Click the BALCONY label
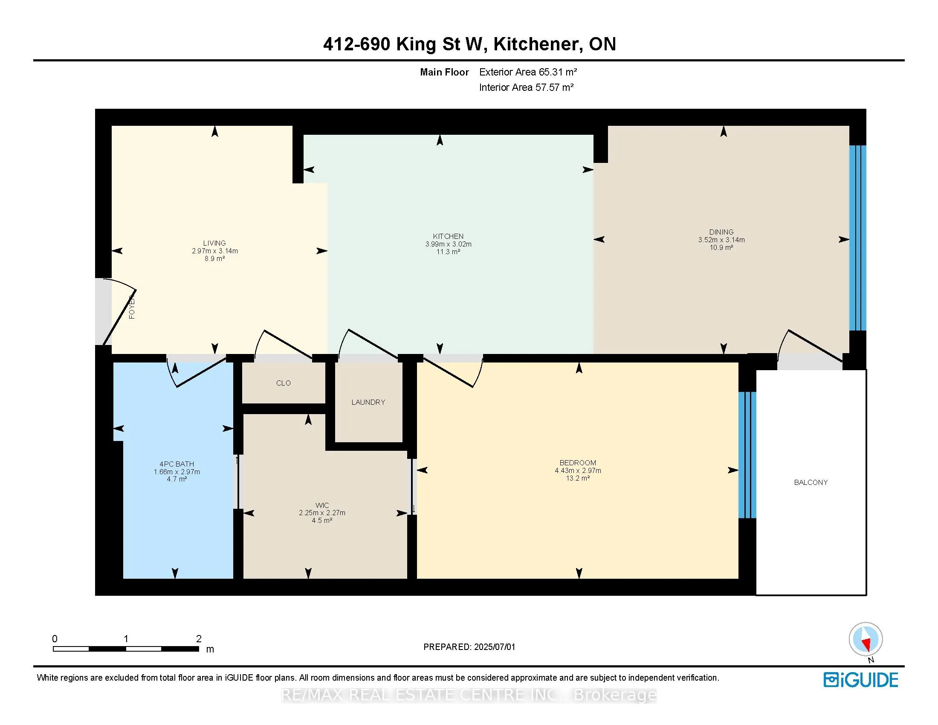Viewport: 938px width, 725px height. pos(811,482)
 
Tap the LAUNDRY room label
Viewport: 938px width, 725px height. pos(368,402)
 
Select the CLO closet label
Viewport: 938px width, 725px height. pos(283,383)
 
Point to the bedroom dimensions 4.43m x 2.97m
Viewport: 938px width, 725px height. pos(578,470)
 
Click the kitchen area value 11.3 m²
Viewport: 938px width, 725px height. pos(448,252)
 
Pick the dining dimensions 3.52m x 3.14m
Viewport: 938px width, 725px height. pos(721,240)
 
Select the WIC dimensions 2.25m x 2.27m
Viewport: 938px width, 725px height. pos(321,513)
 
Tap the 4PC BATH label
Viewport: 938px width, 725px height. pos(177,464)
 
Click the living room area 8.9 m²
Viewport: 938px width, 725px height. pos(214,258)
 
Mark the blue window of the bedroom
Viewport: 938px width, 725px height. pos(747,455)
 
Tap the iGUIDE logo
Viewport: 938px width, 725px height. pos(860,680)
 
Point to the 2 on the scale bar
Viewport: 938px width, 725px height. pos(198,639)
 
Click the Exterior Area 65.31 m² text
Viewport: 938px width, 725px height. pos(527,72)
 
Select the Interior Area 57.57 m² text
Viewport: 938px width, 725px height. pos(526,87)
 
